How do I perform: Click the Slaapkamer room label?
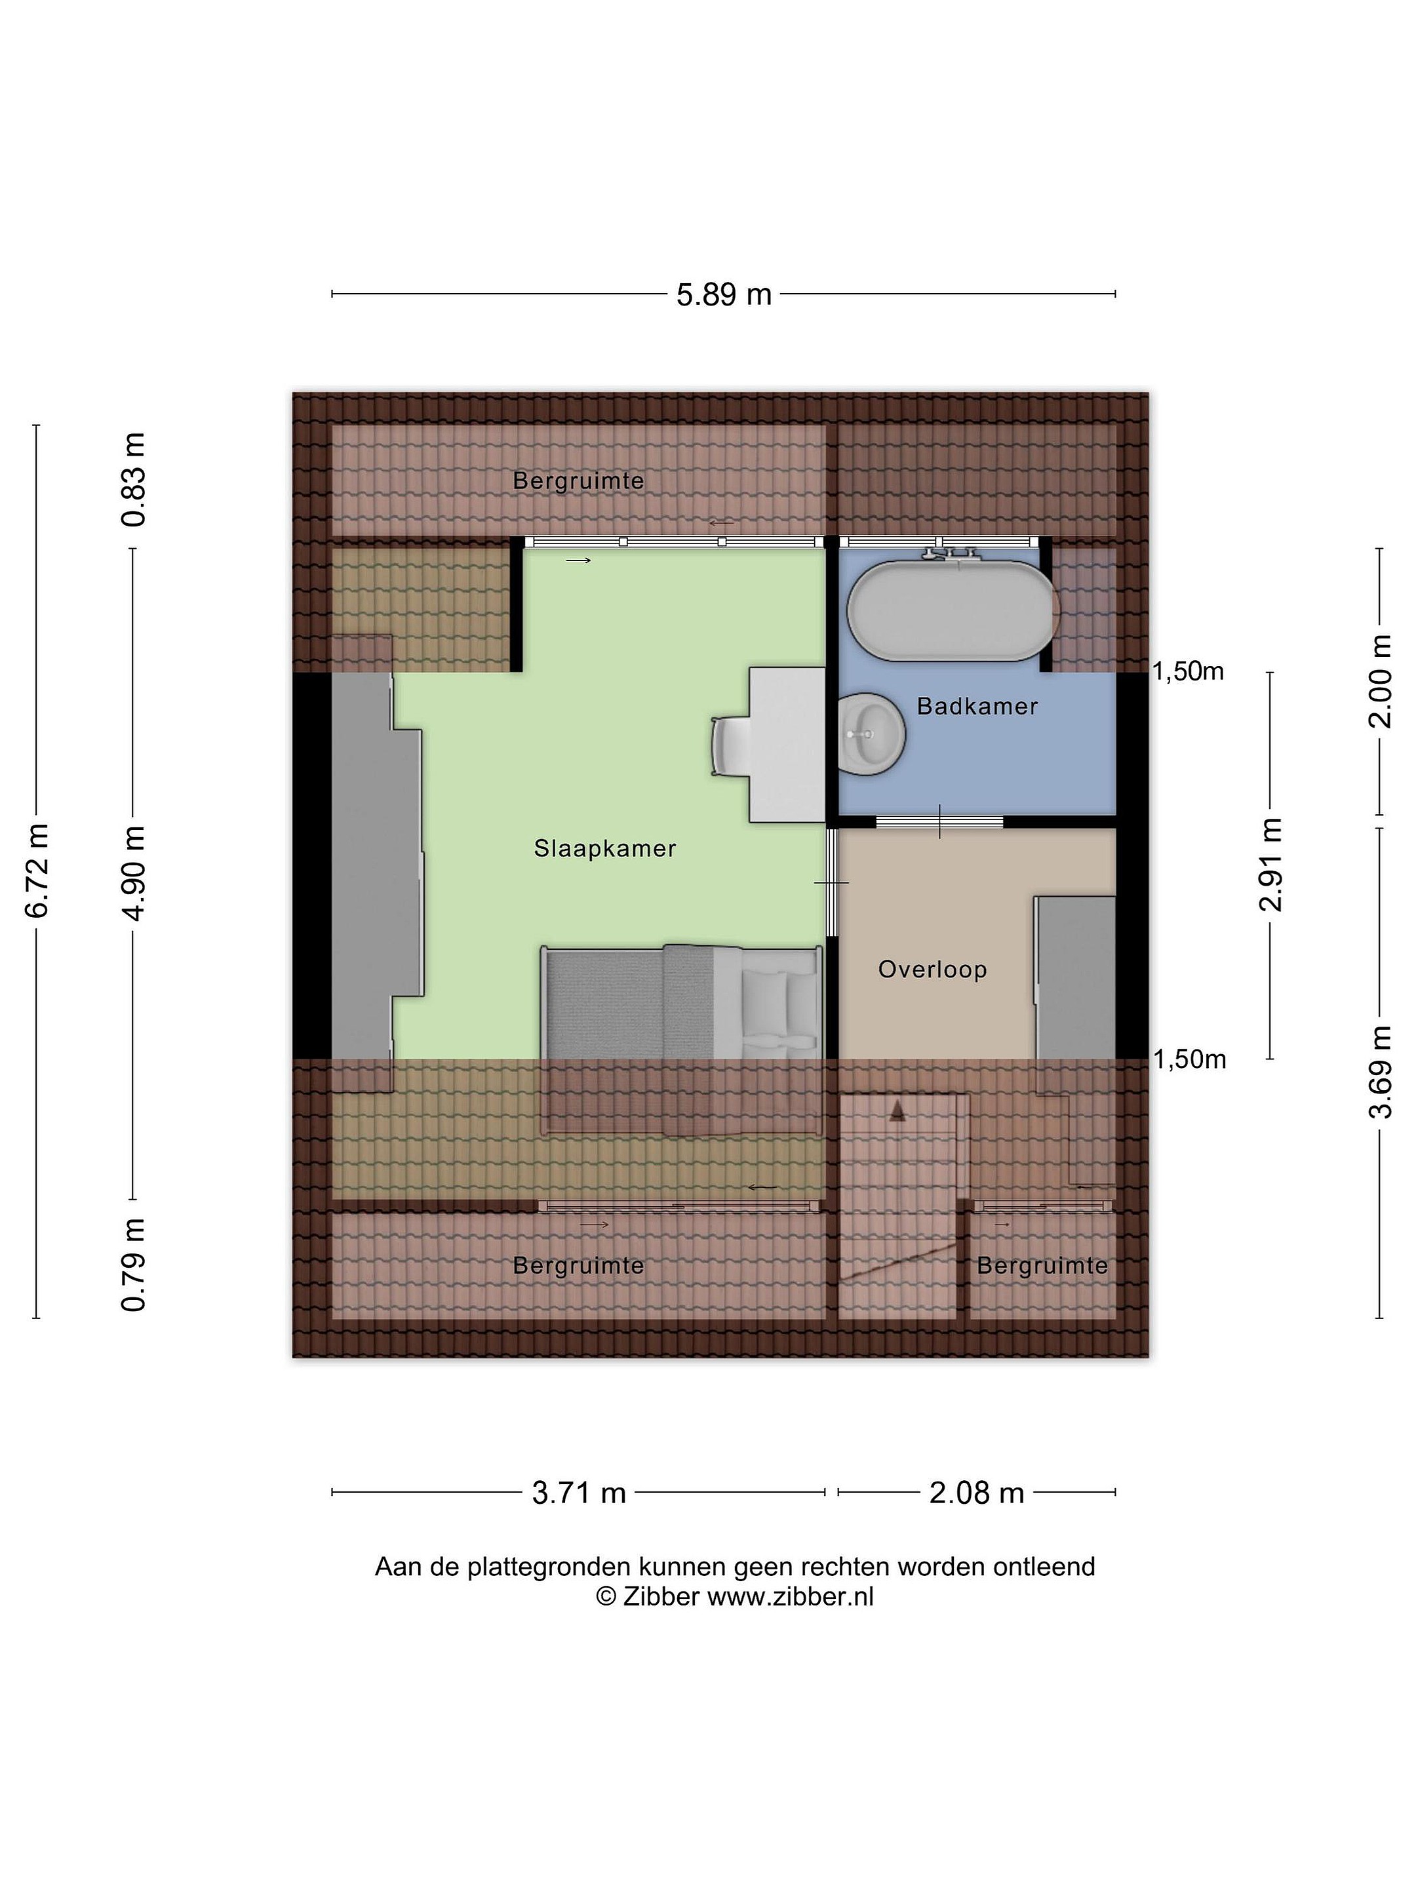tap(604, 848)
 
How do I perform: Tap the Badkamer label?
tap(977, 706)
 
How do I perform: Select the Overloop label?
tap(932, 970)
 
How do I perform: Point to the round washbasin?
tap(871, 734)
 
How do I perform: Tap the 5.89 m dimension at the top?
tap(724, 294)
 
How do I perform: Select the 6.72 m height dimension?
tap(37, 871)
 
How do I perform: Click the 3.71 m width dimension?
tap(579, 1493)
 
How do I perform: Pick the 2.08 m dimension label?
tap(976, 1493)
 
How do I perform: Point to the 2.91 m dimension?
tap(1271, 865)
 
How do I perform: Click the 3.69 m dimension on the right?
tap(1380, 1071)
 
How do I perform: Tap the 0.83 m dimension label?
tap(134, 480)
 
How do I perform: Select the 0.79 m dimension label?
tap(134, 1265)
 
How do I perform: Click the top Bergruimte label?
tap(578, 481)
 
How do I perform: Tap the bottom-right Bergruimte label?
tap(1042, 1265)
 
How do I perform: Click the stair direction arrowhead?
tap(897, 1111)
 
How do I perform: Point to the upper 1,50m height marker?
tap(1188, 672)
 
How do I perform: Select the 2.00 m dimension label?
tap(1380, 681)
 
